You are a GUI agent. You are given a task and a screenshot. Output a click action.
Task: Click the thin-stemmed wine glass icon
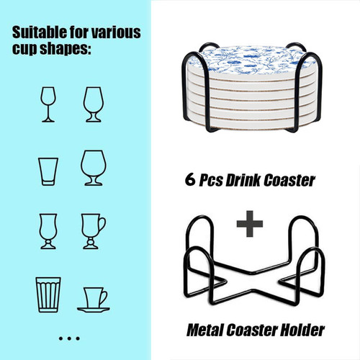coord(48,104)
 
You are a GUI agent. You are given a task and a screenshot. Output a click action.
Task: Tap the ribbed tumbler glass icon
coord(48,294)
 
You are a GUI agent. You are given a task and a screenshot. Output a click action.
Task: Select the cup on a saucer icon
coord(94,300)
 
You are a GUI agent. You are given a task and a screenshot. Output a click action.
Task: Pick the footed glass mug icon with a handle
coord(93,231)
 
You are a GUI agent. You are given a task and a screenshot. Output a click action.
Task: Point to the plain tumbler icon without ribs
coord(48,171)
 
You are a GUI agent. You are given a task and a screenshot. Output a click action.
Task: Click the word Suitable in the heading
coord(40,32)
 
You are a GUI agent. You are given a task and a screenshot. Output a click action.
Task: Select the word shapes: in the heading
coord(66,49)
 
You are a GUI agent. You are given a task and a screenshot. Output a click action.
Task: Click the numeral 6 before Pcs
coord(190,179)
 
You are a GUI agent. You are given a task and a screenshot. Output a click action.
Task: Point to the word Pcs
coord(211,180)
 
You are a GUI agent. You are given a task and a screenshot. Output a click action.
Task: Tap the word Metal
coord(205,330)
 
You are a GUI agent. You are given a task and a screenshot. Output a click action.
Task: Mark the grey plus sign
coord(250,224)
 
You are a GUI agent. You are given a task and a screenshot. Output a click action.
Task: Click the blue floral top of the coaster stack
coord(254,60)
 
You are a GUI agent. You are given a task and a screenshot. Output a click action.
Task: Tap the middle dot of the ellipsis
coord(69,338)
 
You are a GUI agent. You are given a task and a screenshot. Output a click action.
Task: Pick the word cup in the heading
coord(24,50)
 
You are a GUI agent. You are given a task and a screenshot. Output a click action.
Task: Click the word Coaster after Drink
coord(289,180)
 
